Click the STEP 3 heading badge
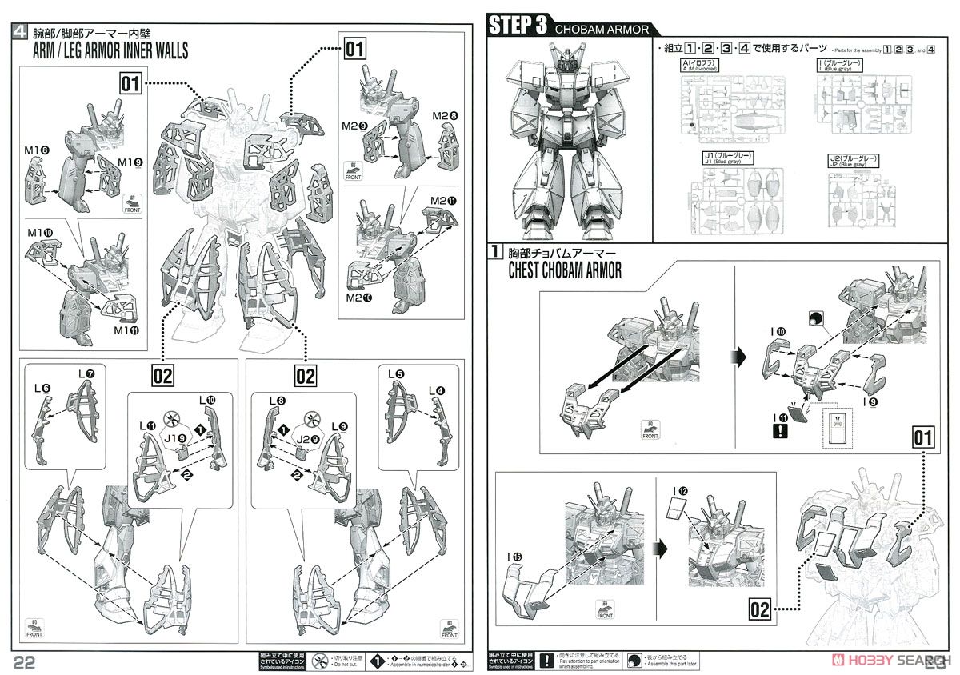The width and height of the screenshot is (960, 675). click(x=518, y=25)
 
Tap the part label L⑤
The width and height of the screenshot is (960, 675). click(x=396, y=373)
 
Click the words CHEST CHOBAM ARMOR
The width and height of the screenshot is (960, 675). click(x=565, y=271)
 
